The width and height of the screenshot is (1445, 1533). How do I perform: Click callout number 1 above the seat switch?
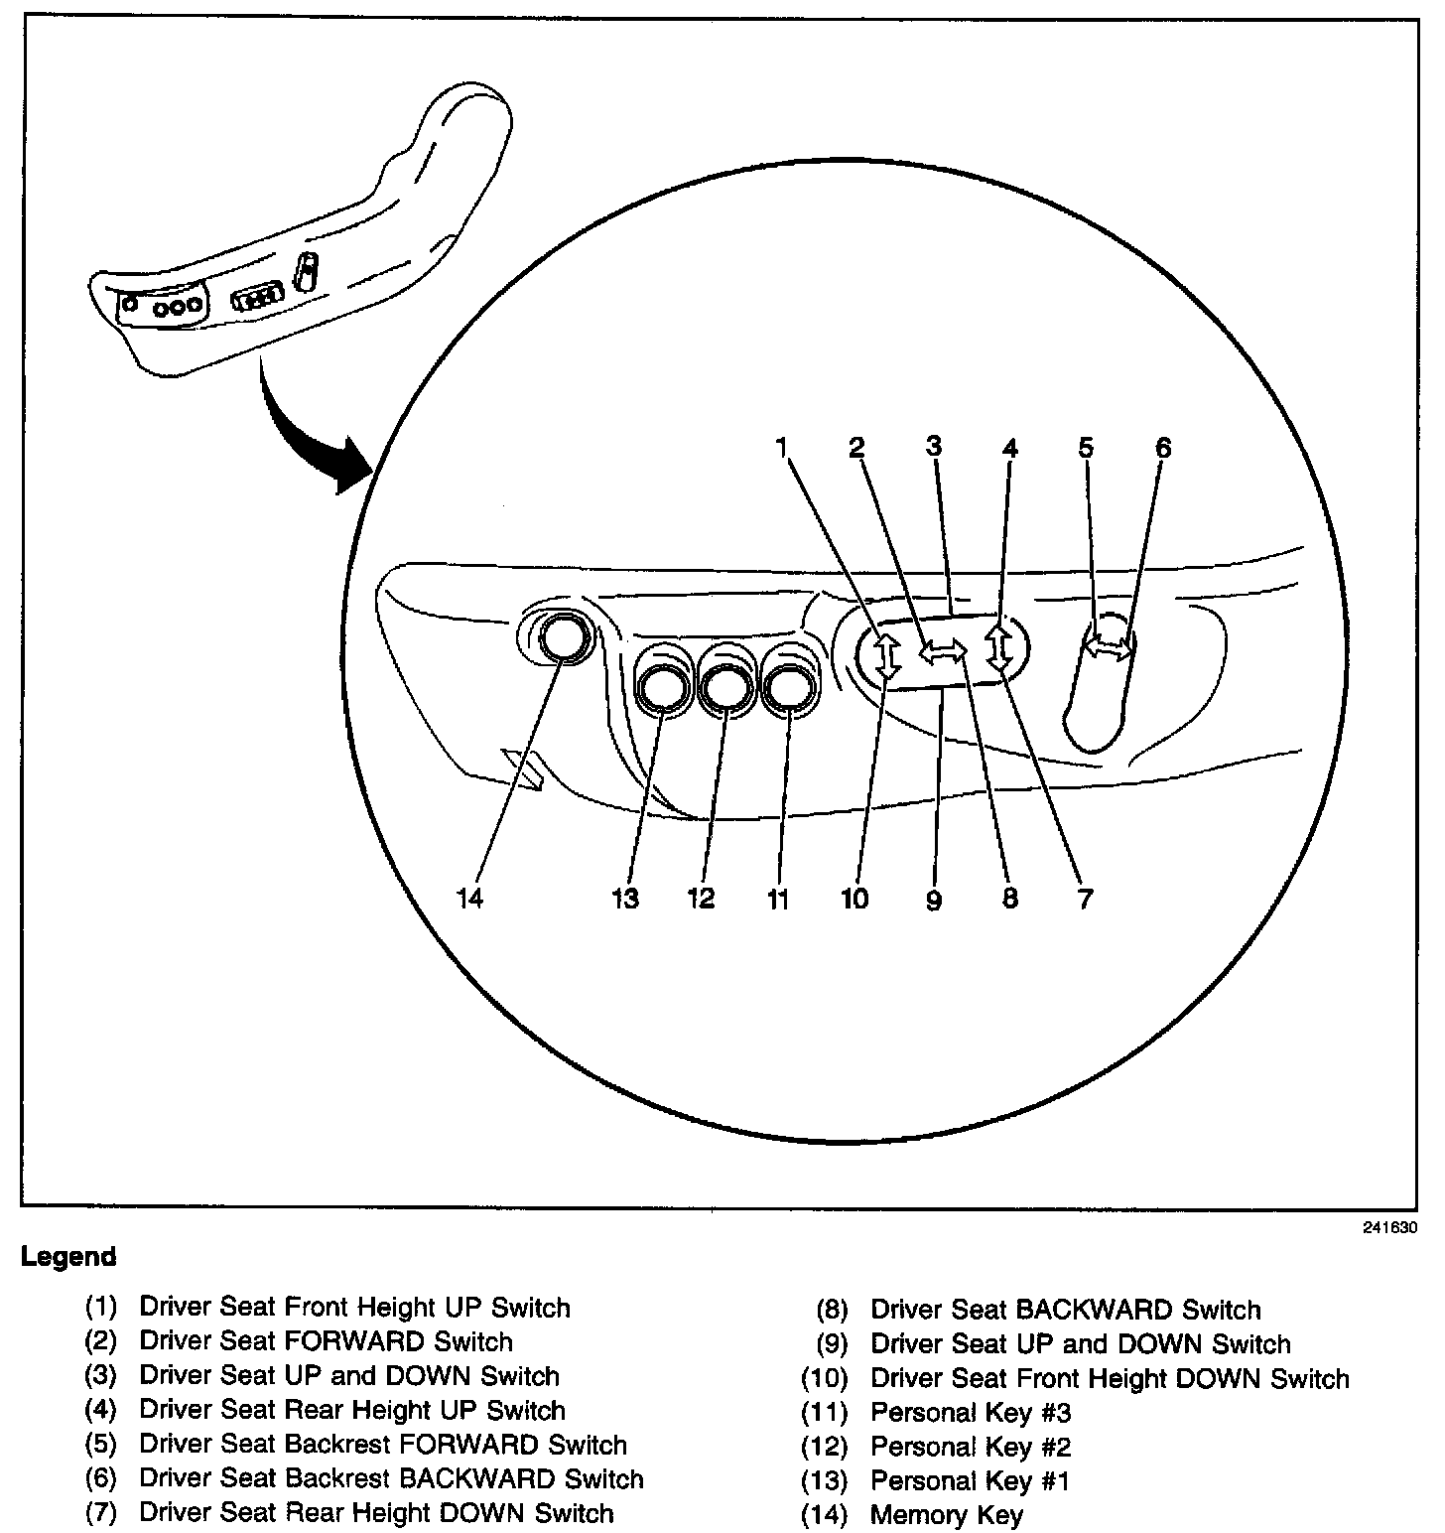[782, 448]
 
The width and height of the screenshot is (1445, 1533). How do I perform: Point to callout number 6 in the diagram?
[1162, 448]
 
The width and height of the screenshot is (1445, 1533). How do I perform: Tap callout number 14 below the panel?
[469, 899]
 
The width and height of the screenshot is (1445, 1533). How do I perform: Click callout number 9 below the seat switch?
[933, 901]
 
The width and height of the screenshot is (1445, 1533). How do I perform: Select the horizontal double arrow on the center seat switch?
[942, 651]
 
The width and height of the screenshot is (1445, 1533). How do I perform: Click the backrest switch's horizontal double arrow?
[1108, 648]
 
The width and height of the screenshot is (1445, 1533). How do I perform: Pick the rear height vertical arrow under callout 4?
[999, 646]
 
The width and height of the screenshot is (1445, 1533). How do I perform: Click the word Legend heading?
[68, 1257]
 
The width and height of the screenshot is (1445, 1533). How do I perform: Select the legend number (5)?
[100, 1445]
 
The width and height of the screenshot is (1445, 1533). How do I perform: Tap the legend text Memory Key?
[946, 1515]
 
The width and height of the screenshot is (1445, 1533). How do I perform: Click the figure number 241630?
[1389, 1226]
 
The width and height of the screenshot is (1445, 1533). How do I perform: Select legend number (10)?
[825, 1379]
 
